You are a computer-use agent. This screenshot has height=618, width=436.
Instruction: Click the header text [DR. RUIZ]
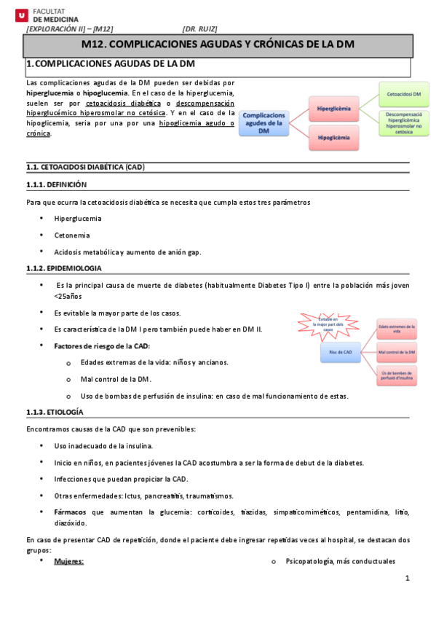pos(199,29)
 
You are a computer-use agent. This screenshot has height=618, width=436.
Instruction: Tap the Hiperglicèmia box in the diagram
pos(334,108)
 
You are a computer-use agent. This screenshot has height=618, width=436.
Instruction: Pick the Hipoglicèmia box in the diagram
pos(334,136)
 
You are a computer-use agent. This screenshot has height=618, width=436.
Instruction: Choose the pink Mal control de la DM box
pos(397,353)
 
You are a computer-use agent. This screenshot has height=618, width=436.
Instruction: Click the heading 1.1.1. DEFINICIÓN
pos(56,185)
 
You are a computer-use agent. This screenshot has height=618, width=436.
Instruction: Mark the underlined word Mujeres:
pos(69,562)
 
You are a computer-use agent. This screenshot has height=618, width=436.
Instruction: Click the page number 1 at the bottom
pos(408,579)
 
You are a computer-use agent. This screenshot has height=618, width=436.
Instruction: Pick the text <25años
pos(69,297)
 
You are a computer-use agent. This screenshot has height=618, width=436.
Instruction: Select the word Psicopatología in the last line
pos(309,562)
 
